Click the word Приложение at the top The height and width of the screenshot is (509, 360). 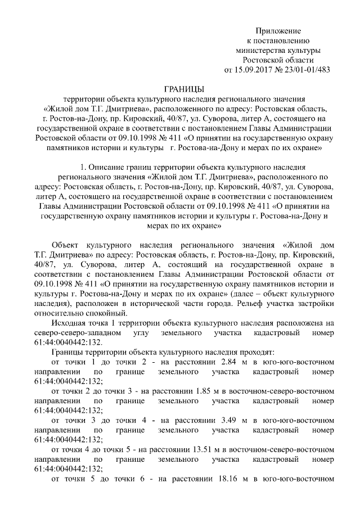pyautogui.click(x=278, y=30)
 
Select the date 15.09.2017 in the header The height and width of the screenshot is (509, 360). pyautogui.click(x=250, y=70)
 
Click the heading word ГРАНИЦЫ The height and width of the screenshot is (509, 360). pyautogui.click(x=183, y=89)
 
